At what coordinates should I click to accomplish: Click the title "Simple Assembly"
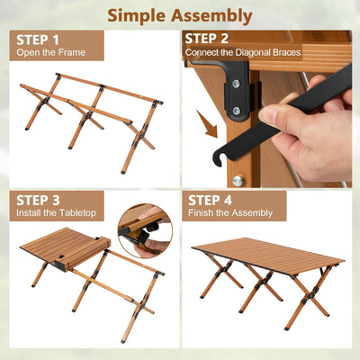click(x=179, y=14)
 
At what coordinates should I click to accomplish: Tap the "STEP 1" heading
click(x=38, y=39)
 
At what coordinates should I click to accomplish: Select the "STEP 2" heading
click(x=207, y=39)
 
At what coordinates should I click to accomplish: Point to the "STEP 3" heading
click(x=38, y=200)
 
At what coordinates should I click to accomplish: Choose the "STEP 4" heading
click(x=209, y=200)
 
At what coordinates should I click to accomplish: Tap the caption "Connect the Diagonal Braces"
click(x=243, y=52)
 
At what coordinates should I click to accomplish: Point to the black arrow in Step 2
click(x=211, y=125)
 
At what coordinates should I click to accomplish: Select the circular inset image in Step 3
click(x=145, y=230)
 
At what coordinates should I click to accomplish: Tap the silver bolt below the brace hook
click(x=238, y=179)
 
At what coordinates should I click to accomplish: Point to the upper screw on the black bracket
click(x=236, y=84)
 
